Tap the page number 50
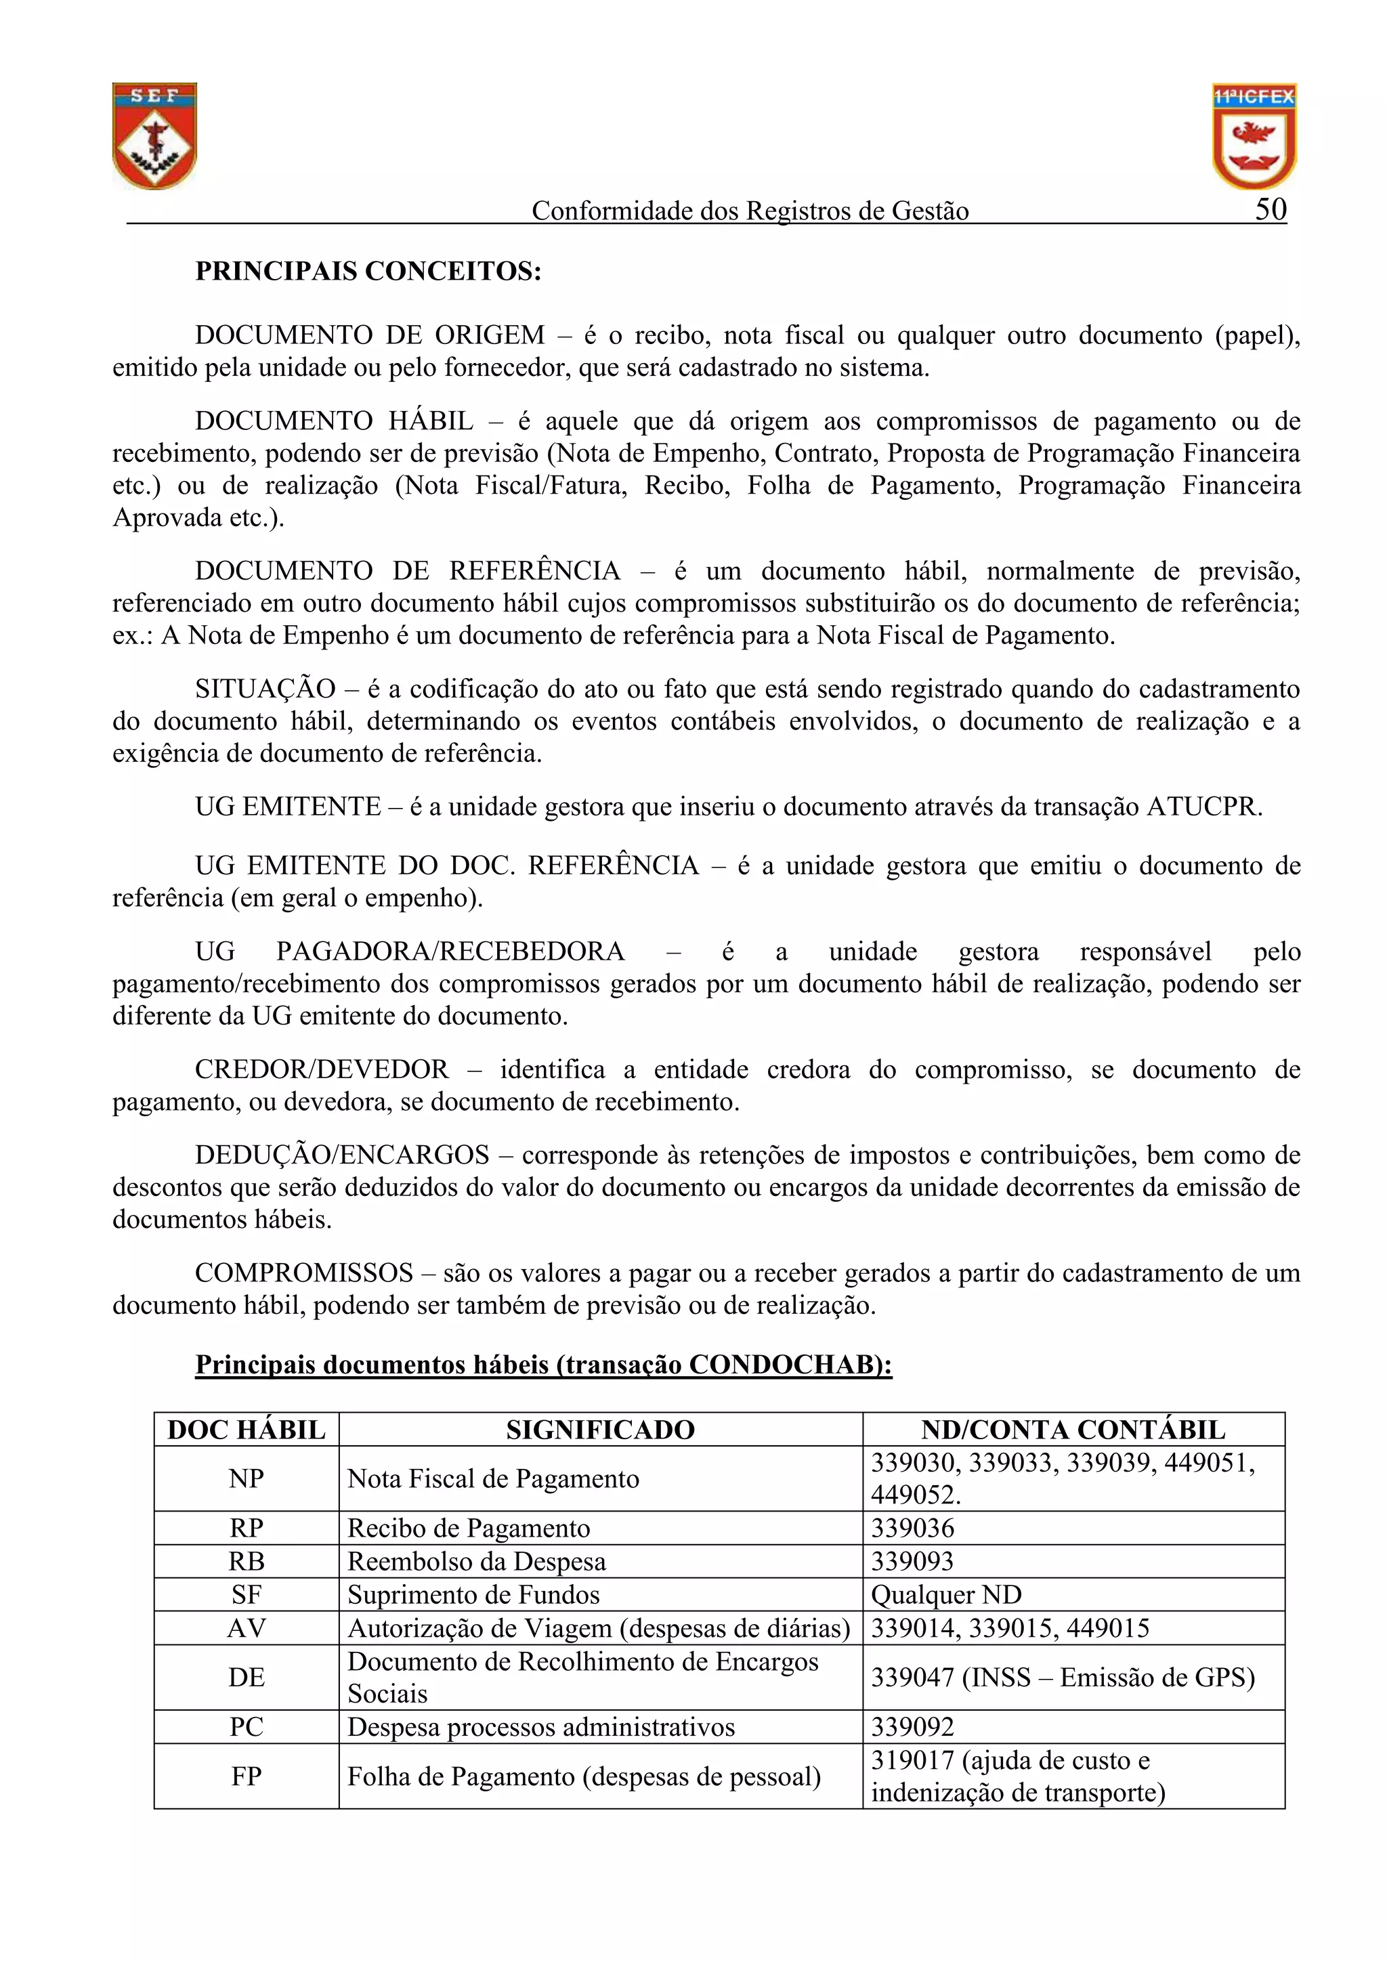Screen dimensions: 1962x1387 [x=1271, y=209]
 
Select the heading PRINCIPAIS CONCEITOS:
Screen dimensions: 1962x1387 [x=368, y=271]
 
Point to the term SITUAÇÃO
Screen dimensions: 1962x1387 [x=265, y=689]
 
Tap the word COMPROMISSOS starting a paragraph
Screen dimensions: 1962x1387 [x=303, y=1273]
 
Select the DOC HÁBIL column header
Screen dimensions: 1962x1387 [x=246, y=1430]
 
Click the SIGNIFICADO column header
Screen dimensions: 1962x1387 [x=600, y=1430]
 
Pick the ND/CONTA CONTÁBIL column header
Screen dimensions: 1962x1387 [x=1073, y=1430]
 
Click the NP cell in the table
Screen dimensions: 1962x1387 [x=246, y=1478]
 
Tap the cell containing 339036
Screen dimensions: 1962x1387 [x=913, y=1528]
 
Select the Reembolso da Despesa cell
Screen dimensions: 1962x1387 [x=476, y=1561]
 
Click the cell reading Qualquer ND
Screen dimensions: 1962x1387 [x=946, y=1594]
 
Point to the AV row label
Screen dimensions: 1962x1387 [x=246, y=1628]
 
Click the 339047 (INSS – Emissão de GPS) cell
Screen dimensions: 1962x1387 [x=1062, y=1678]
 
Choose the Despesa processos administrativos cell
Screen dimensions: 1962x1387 [x=541, y=1727]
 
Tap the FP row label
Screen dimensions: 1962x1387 [x=246, y=1776]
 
